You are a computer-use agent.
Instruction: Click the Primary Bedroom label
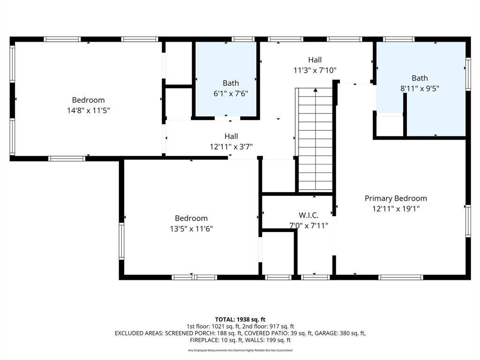pyautogui.click(x=396, y=198)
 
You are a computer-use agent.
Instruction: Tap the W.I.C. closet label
pyautogui.click(x=308, y=215)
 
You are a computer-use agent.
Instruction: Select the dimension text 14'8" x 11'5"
pyautogui.click(x=88, y=110)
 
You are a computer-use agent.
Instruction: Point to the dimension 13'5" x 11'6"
pyautogui.click(x=191, y=229)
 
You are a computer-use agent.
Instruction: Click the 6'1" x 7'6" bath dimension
pyautogui.click(x=231, y=93)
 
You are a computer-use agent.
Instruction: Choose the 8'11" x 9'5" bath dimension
pyautogui.click(x=420, y=89)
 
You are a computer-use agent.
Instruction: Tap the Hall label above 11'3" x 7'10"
pyautogui.click(x=315, y=60)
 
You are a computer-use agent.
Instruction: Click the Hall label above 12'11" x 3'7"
pyautogui.click(x=231, y=136)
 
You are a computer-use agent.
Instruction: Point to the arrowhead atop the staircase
pyautogui.click(x=315, y=90)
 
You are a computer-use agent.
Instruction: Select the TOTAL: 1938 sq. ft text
pyautogui.click(x=240, y=320)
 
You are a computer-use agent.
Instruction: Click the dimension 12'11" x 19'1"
pyautogui.click(x=396, y=209)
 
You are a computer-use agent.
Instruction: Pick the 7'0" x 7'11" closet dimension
pyautogui.click(x=308, y=225)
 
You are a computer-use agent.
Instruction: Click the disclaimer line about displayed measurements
pyautogui.click(x=240, y=350)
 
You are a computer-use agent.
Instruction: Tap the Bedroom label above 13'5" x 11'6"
pyautogui.click(x=191, y=218)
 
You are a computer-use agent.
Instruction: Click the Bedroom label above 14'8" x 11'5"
pyautogui.click(x=88, y=100)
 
